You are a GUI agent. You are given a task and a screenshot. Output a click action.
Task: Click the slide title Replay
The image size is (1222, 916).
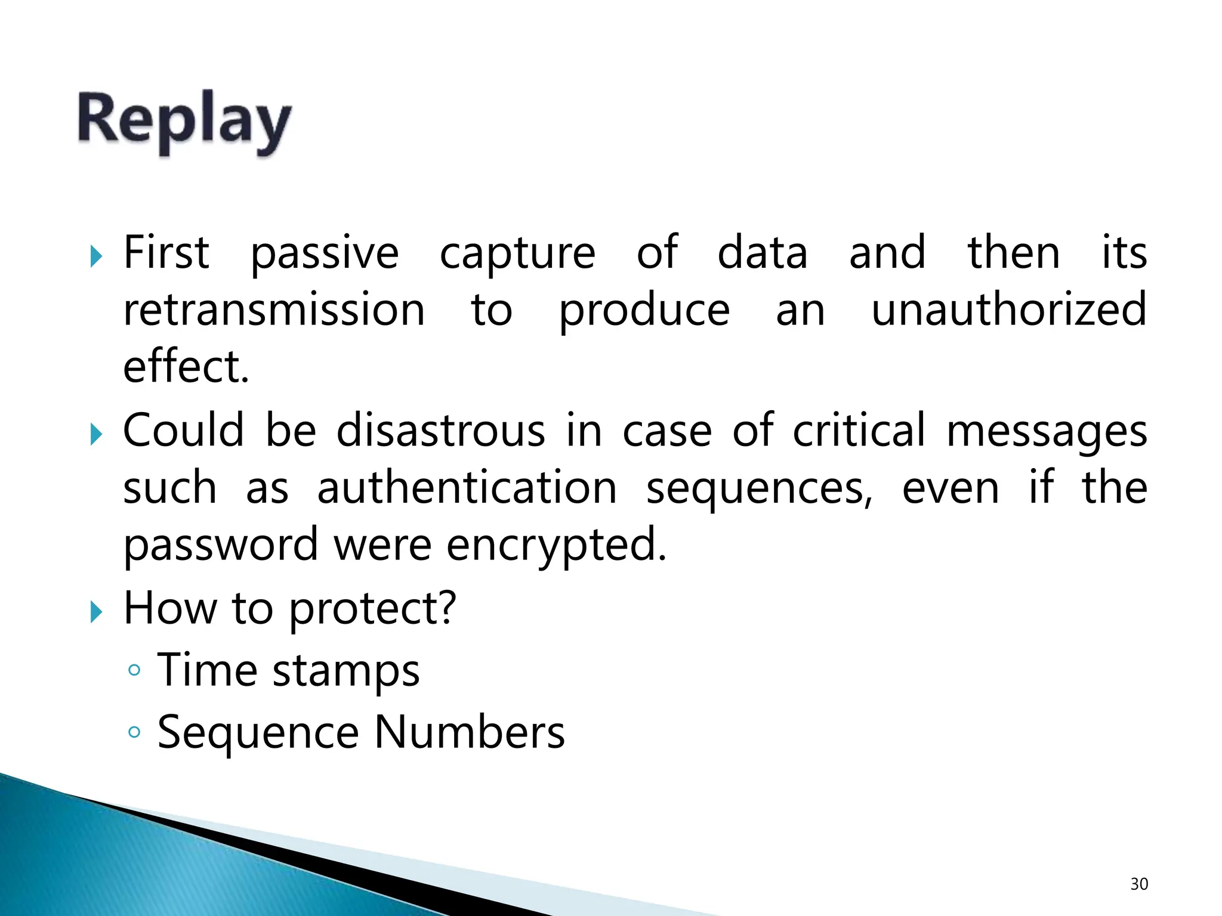point(184,122)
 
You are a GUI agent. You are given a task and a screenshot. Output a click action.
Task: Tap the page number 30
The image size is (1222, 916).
point(1139,884)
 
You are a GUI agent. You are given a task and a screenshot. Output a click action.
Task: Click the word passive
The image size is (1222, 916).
point(324,253)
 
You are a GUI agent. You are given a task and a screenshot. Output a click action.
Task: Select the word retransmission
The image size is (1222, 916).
point(274,310)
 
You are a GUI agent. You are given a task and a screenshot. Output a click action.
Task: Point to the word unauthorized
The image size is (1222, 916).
point(1009,310)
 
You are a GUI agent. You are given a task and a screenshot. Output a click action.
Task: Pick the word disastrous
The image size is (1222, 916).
point(440,430)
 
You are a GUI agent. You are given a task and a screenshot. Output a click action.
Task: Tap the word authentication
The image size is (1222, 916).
point(467,487)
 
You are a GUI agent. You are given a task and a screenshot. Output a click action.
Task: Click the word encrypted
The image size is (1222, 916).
point(556,544)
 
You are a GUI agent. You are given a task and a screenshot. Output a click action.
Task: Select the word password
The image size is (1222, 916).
point(221,544)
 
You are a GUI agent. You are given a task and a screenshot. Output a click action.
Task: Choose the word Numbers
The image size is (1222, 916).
point(470,732)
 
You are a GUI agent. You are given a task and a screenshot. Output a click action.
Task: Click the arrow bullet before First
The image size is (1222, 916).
point(95,257)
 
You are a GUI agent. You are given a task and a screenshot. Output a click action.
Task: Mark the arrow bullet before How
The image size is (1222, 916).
point(95,612)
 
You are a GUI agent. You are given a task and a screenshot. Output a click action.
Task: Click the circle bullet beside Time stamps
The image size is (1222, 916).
point(134,670)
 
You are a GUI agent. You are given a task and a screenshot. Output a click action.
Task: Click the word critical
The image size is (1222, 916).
point(859,430)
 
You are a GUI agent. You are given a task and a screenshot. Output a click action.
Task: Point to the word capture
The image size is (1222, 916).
point(517,253)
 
